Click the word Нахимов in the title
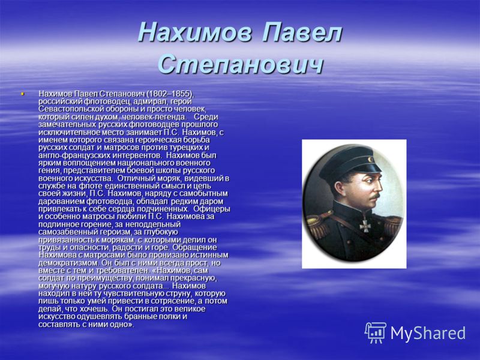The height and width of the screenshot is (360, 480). [x=194, y=32]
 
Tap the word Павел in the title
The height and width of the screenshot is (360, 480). [x=302, y=32]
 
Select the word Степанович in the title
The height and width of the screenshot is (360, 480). [x=241, y=64]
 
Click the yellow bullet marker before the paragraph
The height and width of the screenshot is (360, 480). [x=22, y=93]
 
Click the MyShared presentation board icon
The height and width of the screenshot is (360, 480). [x=376, y=332]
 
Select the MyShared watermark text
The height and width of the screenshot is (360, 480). [x=428, y=333]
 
